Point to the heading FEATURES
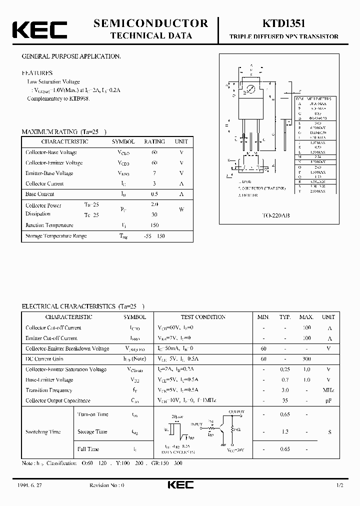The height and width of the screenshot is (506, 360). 37,73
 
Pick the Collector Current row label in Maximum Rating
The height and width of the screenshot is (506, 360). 44,183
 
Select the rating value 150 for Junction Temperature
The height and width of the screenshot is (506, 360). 154,225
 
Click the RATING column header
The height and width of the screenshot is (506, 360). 154,141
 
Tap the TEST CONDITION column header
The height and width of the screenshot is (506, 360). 203,317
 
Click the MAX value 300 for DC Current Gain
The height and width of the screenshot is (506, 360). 306,359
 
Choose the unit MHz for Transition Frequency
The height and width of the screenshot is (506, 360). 328,390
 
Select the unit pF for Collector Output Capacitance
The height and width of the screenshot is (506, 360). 328,400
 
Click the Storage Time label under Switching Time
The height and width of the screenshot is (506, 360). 92,431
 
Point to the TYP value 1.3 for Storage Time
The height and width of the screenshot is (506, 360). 285,431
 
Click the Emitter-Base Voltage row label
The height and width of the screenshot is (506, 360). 49,173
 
